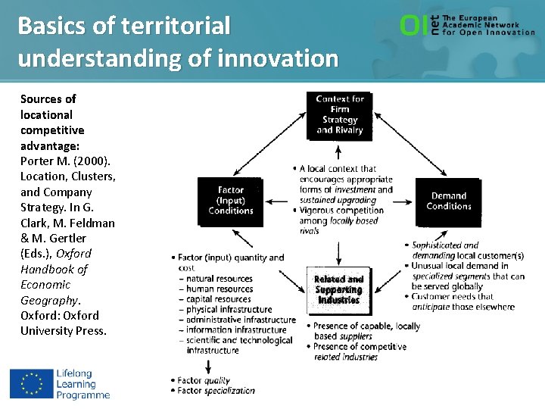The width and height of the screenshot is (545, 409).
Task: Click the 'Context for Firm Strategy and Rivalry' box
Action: [x=340, y=115]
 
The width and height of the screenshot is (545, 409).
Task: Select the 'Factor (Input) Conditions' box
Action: [x=230, y=201]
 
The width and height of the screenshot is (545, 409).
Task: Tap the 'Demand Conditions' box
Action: [x=448, y=201]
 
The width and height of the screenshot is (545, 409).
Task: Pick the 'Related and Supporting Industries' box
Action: [x=338, y=290]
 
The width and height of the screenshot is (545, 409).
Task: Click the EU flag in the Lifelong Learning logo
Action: [x=31, y=383]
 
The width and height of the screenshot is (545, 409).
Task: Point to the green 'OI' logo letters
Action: [x=413, y=26]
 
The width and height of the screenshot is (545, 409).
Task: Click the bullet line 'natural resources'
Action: [x=220, y=279]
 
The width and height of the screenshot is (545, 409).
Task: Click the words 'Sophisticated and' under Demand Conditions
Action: [x=446, y=245]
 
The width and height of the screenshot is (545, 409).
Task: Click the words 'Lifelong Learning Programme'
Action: [x=83, y=384]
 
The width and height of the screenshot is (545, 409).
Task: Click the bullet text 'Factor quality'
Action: [x=204, y=380]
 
